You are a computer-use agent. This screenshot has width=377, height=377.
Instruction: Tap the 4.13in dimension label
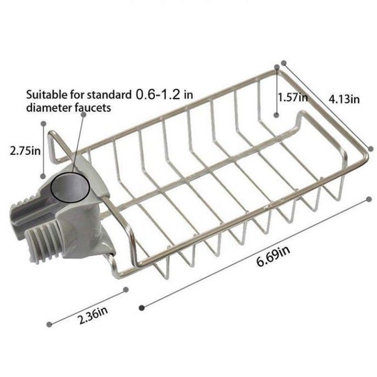(344, 99)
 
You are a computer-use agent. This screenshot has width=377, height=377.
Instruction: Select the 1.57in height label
(292, 98)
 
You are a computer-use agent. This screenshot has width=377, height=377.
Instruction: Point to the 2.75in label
(25, 151)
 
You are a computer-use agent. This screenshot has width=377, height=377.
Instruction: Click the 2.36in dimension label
(92, 315)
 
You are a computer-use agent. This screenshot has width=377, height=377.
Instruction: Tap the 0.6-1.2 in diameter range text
(164, 94)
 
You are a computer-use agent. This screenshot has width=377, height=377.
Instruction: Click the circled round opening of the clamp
(70, 187)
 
